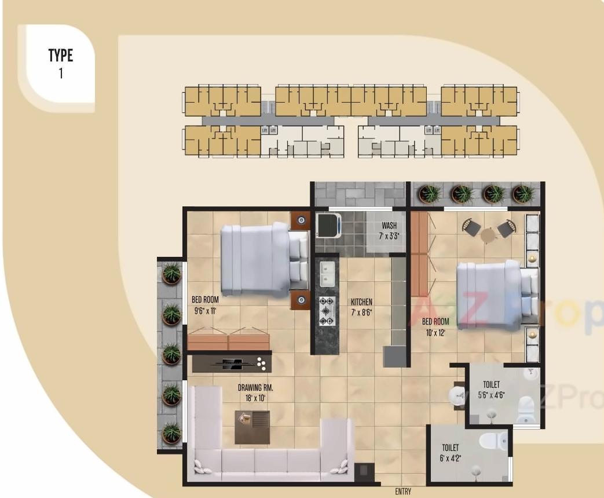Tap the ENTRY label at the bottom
click(403, 492)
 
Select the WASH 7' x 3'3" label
click(389, 231)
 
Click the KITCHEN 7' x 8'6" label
click(361, 307)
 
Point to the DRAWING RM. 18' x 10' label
click(255, 392)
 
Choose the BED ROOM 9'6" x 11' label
click(205, 305)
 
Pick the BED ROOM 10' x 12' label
click(435, 327)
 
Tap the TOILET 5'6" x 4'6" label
click(491, 390)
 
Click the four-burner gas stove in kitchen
click(327, 311)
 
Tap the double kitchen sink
click(327, 274)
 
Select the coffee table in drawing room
click(252, 427)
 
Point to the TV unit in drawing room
click(232, 363)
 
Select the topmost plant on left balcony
click(171, 273)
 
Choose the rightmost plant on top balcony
click(523, 193)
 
